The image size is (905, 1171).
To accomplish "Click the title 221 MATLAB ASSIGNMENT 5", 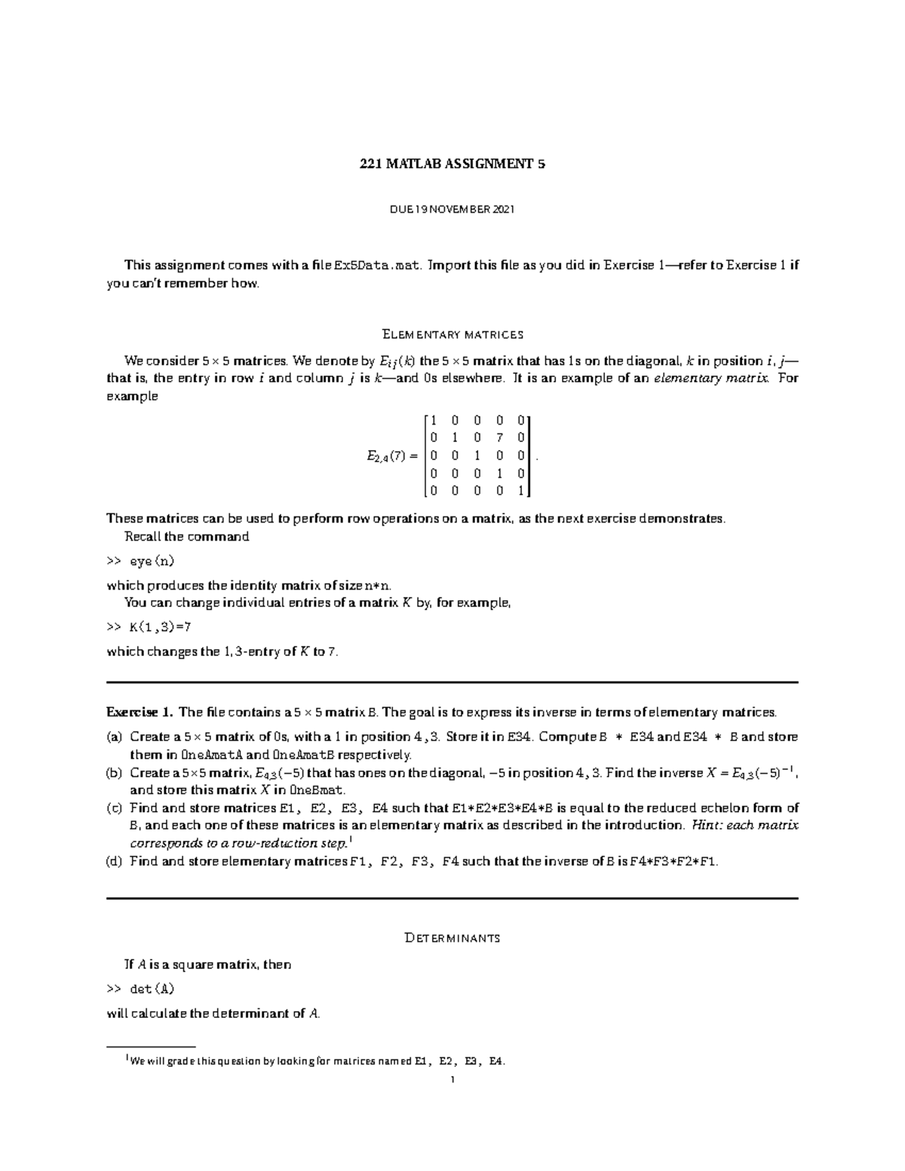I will (x=452, y=164).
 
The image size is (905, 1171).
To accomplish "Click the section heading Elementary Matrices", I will (x=452, y=334).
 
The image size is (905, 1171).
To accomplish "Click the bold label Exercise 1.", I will (x=140, y=712).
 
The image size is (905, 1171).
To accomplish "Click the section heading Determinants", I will (x=452, y=938).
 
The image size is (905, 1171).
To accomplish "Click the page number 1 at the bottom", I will (x=452, y=1080).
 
